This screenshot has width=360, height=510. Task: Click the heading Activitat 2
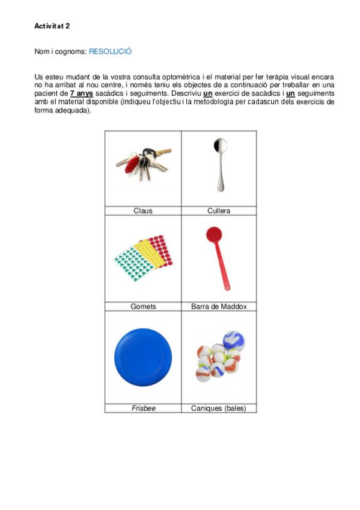(52, 26)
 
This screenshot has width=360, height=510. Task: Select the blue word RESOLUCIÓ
(110, 52)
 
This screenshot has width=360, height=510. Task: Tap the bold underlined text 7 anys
(81, 94)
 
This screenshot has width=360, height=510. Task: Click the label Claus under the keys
(143, 211)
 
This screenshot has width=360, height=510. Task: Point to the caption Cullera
(219, 211)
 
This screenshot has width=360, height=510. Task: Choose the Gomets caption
(143, 307)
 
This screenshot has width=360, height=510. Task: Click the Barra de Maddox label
(219, 307)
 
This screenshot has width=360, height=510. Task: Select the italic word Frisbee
(143, 408)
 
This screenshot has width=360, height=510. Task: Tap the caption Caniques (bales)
(219, 408)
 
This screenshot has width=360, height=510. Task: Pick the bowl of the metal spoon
(220, 146)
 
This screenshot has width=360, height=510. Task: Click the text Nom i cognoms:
(61, 52)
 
